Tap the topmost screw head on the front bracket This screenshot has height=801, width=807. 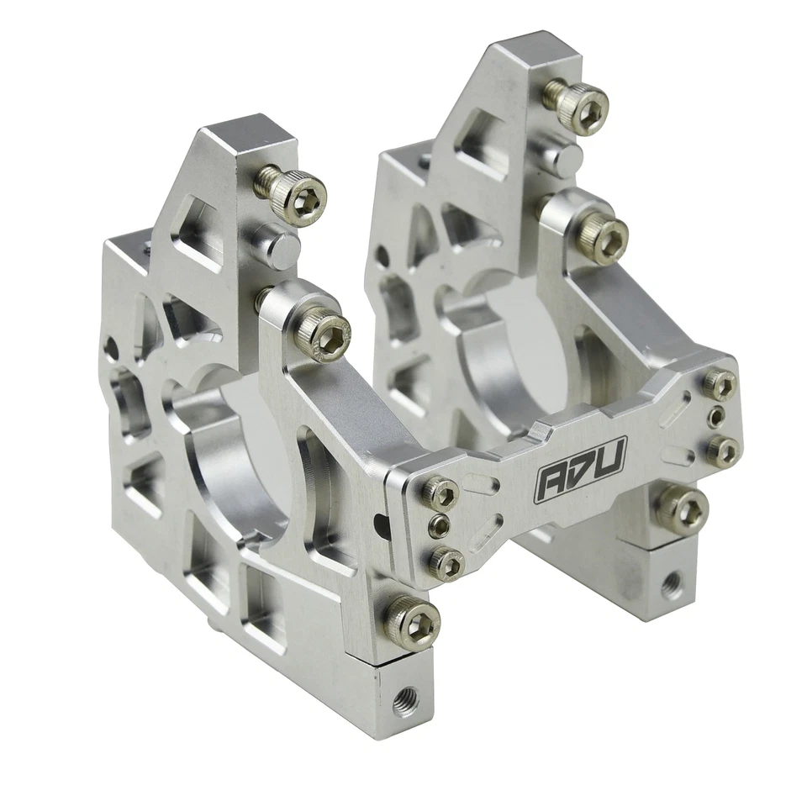click(299, 195)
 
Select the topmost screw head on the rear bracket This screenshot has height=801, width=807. click(583, 106)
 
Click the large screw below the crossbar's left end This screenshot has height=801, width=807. click(414, 622)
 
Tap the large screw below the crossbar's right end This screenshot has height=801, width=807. click(683, 509)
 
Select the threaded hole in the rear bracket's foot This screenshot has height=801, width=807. click(671, 582)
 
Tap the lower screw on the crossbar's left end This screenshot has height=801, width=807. click(446, 561)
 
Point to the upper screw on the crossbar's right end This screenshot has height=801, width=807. click(720, 383)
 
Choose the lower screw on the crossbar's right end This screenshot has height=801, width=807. click(722, 451)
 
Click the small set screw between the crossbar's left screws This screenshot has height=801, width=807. click(439, 527)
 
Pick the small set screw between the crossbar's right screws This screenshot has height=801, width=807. click(716, 416)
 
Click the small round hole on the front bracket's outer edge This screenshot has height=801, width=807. click(111, 347)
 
